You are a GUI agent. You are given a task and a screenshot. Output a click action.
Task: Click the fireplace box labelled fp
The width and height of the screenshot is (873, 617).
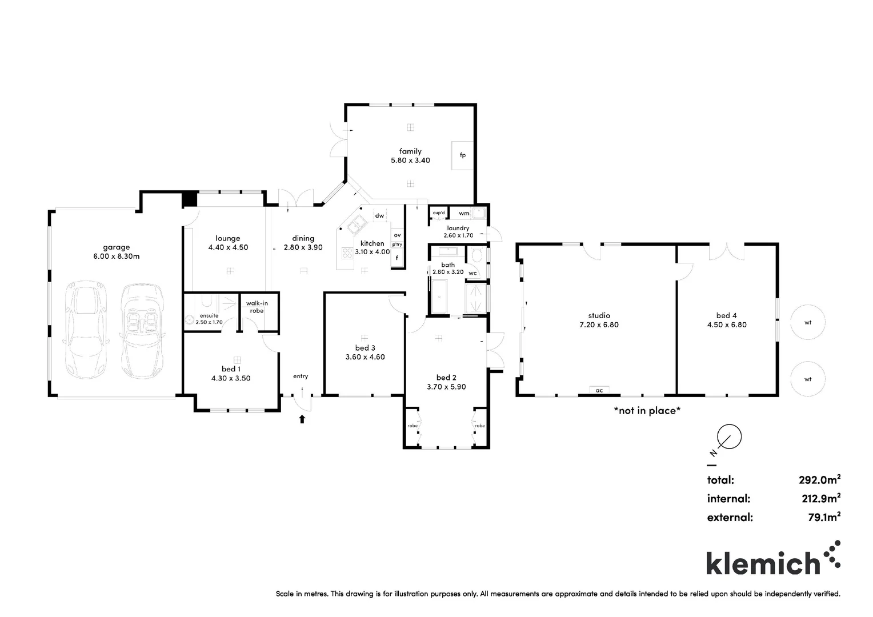click(462, 155)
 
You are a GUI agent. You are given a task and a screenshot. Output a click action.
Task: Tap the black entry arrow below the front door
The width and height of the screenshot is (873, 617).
click(302, 419)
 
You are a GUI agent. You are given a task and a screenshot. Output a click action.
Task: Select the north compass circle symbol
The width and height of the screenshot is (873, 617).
click(729, 437)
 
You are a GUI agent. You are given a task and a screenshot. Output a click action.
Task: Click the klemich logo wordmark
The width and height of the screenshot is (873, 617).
click(763, 563)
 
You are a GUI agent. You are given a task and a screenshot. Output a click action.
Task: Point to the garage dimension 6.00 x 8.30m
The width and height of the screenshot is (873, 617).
click(117, 257)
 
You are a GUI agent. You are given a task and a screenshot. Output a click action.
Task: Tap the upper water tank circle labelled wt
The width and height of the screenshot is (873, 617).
click(808, 323)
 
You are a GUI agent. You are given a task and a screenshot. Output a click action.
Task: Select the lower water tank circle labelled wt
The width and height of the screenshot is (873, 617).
click(808, 379)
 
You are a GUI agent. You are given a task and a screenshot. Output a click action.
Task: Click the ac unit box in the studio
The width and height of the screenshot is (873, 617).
click(599, 390)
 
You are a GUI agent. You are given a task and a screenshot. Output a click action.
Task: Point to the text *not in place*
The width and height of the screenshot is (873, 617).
click(647, 410)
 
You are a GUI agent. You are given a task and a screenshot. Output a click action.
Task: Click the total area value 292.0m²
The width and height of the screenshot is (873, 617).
click(819, 480)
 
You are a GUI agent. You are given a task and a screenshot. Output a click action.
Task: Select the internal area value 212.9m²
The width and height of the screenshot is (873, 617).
click(820, 499)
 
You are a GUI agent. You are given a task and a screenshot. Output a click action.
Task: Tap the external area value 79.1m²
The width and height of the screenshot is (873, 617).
click(823, 518)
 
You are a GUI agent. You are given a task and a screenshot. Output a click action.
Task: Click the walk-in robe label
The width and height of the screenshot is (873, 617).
click(257, 307)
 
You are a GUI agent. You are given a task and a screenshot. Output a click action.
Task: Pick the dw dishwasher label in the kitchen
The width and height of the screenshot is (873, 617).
click(379, 215)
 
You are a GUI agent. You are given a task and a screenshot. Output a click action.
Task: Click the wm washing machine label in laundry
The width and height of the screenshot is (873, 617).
click(464, 214)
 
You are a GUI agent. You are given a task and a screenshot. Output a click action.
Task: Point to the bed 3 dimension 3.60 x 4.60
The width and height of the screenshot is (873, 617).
click(365, 357)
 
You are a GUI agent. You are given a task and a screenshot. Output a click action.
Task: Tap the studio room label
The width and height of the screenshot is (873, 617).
click(599, 315)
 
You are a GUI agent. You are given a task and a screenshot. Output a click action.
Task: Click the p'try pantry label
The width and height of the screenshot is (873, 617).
click(397, 245)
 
